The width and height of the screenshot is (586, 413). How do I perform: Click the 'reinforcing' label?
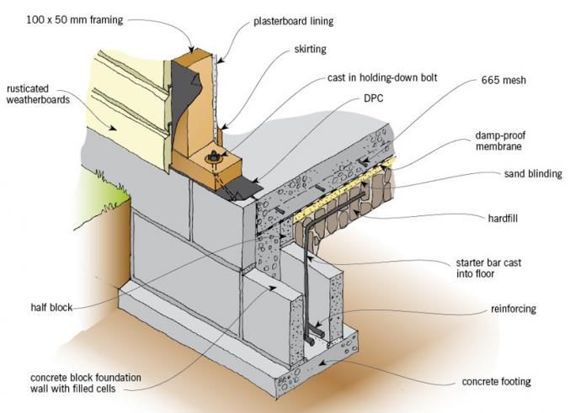510,310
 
